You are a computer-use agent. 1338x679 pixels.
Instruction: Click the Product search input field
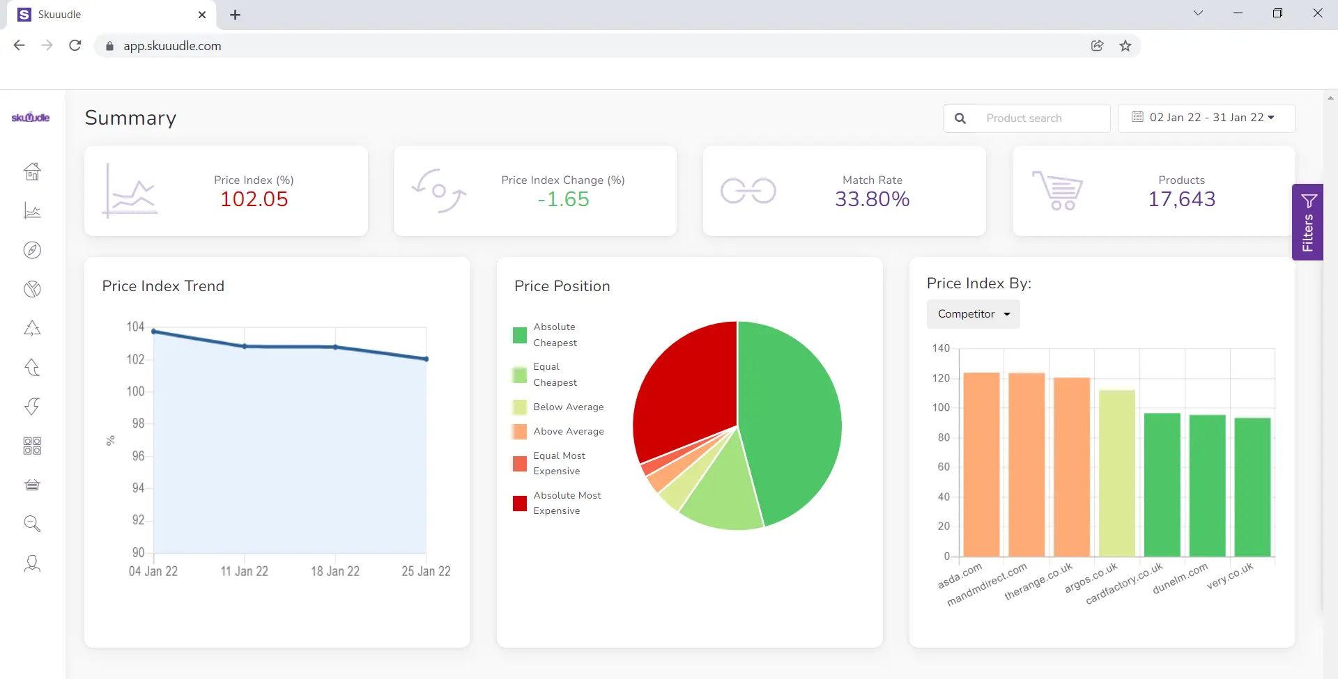pyautogui.click(x=1038, y=118)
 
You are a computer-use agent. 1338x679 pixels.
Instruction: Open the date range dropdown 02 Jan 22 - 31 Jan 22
pyautogui.click(x=1206, y=118)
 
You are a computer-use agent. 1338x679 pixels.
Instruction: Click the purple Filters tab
pyautogui.click(x=1307, y=222)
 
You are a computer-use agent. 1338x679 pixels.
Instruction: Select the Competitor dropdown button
pyautogui.click(x=973, y=314)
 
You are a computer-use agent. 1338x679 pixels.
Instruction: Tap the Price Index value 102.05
pyautogui.click(x=254, y=199)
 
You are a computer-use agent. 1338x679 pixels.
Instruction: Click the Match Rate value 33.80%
pyautogui.click(x=872, y=199)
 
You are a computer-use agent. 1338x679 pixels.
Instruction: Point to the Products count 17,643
pyautogui.click(x=1181, y=199)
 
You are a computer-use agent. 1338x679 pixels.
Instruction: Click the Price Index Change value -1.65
pyautogui.click(x=563, y=199)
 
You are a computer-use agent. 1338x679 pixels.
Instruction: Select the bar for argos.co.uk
pyautogui.click(x=1116, y=474)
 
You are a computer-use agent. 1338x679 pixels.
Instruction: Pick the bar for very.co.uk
pyautogui.click(x=1252, y=487)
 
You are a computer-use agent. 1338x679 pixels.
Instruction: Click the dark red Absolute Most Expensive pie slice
pyautogui.click(x=686, y=390)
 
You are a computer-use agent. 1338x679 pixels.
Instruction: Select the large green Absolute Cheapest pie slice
pyautogui.click(x=791, y=418)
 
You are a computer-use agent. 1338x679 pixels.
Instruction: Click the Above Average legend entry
pyautogui.click(x=568, y=432)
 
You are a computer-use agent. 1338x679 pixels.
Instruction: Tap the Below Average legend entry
pyautogui.click(x=568, y=407)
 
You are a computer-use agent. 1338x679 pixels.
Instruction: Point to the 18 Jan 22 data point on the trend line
pyautogui.click(x=335, y=347)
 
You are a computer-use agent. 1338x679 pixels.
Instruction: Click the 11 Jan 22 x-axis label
pyautogui.click(x=244, y=572)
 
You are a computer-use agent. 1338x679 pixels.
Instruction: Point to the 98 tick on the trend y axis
pyautogui.click(x=138, y=423)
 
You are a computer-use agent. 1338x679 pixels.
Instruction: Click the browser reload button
pyautogui.click(x=75, y=46)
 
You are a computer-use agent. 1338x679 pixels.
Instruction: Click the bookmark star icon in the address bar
pyautogui.click(x=1125, y=46)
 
